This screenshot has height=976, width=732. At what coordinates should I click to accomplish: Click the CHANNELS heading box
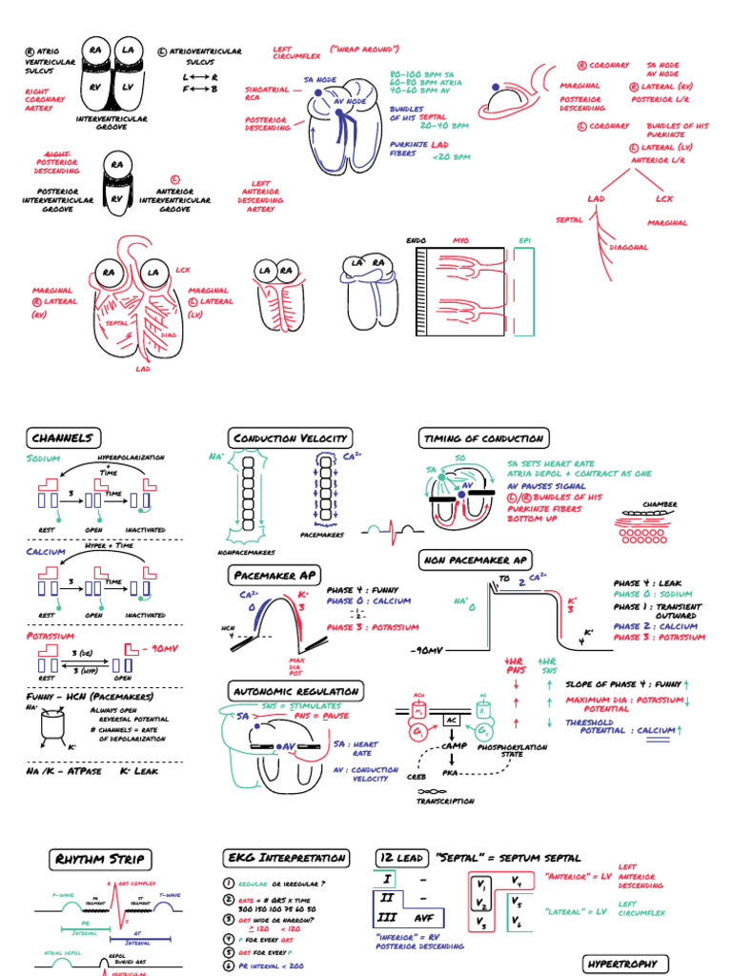(62, 438)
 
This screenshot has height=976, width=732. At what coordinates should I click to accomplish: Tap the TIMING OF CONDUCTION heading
(483, 438)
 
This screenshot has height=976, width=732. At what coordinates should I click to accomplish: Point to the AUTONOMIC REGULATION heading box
(295, 691)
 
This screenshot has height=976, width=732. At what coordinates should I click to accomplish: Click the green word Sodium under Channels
(44, 458)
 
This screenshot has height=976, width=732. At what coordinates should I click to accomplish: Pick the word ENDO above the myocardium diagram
(417, 240)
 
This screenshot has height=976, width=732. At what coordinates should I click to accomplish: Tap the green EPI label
(524, 240)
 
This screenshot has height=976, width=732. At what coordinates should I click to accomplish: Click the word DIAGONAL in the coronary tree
(629, 247)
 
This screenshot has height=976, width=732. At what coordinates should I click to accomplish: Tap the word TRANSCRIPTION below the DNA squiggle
(445, 802)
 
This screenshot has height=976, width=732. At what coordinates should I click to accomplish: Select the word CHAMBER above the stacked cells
(660, 504)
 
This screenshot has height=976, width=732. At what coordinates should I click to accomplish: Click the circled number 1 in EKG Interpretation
(229, 884)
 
